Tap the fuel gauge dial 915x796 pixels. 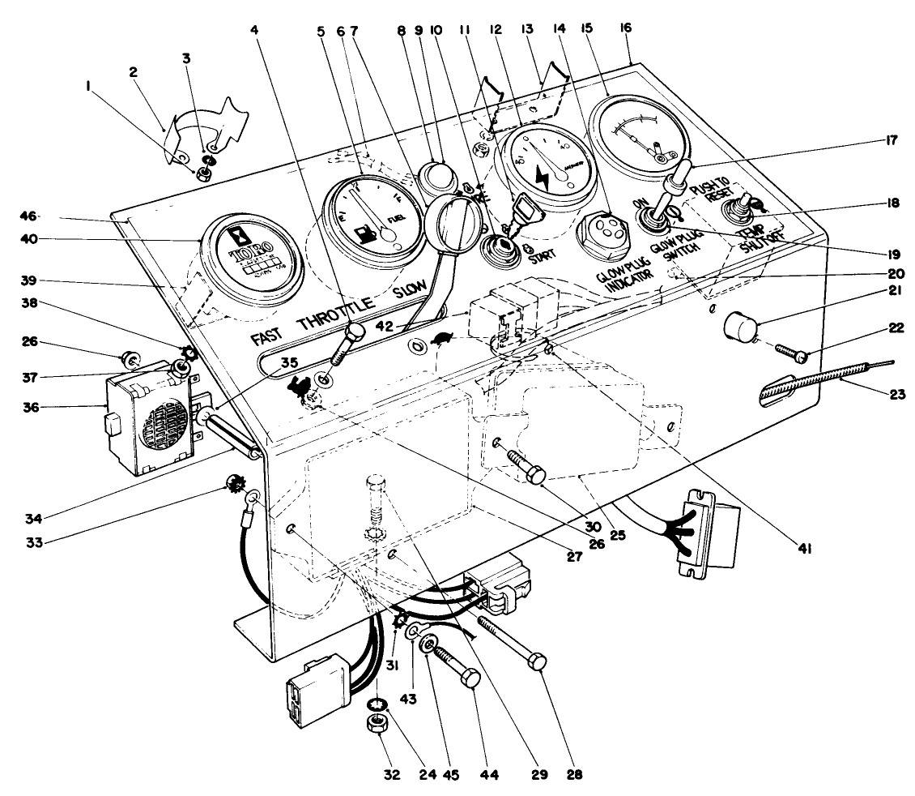371,213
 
